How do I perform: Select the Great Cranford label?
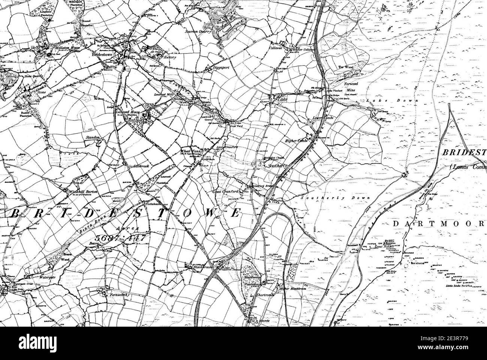226,192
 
